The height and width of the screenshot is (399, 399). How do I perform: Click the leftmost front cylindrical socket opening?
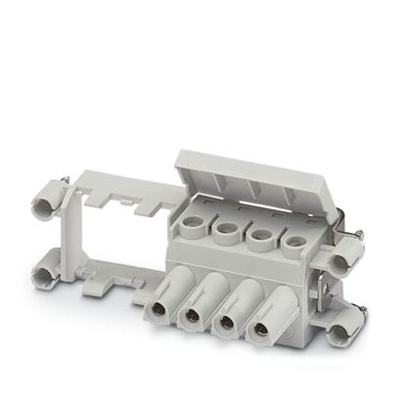pyautogui.click(x=156, y=313)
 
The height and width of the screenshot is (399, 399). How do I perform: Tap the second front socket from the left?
pyautogui.click(x=191, y=318)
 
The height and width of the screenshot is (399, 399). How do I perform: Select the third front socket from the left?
pyautogui.click(x=226, y=322)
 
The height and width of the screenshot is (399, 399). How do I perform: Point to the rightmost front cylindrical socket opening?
pyautogui.click(x=262, y=328)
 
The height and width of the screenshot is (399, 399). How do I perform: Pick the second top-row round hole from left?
pyautogui.click(x=227, y=232)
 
